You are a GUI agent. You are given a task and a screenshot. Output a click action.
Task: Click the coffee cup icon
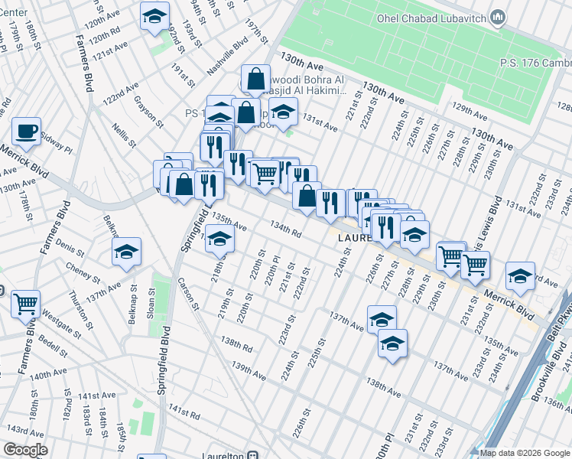(x=26, y=131)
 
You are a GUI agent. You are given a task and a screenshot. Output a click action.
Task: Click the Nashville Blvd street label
(x=229, y=57)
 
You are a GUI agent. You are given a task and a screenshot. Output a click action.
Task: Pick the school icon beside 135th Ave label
(x=219, y=241)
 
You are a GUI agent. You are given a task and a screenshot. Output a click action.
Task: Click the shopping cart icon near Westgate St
(x=26, y=304)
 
